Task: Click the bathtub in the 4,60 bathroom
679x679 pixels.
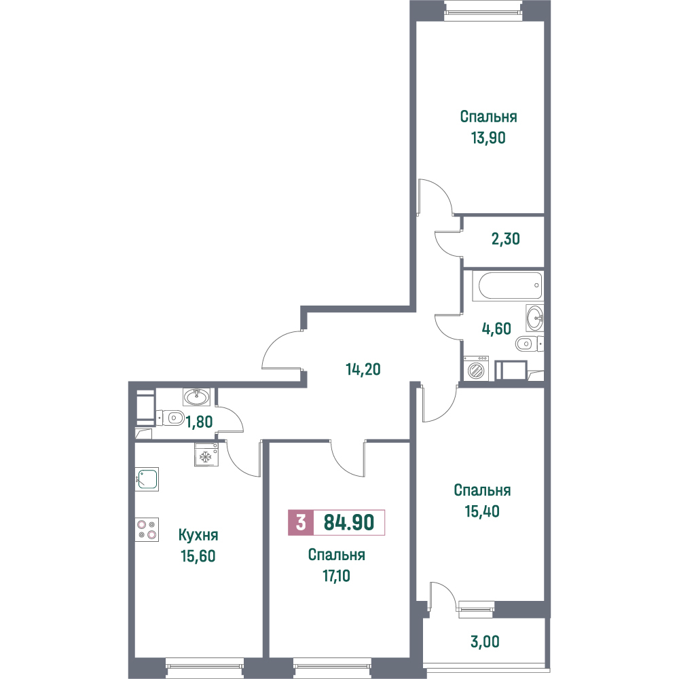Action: (507, 286)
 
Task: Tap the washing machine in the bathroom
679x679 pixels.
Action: (475, 369)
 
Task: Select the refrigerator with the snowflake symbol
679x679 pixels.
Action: (206, 454)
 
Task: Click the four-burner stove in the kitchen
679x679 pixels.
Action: (147, 530)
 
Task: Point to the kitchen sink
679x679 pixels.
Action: (147, 479)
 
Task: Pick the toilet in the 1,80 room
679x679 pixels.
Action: (170, 418)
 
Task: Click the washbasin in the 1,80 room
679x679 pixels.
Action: (196, 397)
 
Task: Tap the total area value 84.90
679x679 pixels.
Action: (349, 522)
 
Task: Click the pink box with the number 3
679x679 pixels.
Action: (301, 523)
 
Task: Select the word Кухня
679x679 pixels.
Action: (198, 535)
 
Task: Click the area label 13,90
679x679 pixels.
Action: (488, 138)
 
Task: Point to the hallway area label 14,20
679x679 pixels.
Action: (363, 369)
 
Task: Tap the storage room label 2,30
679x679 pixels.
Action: (506, 238)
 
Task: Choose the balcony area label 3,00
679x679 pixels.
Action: (485, 642)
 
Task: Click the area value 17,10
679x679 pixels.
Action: (337, 576)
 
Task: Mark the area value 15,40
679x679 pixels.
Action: (482, 511)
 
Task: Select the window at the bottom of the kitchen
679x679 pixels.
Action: (205, 668)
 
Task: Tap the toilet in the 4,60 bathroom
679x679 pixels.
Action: (530, 344)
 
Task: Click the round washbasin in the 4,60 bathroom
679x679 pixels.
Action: (535, 318)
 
